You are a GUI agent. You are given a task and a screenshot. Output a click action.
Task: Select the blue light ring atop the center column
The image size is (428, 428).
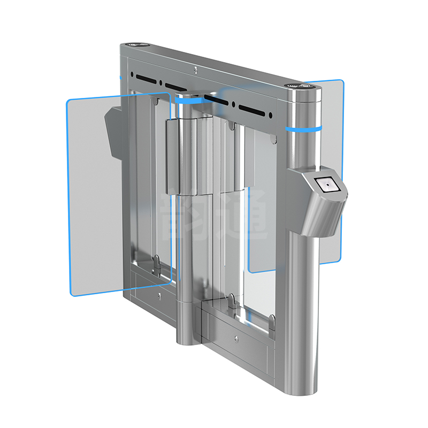(x=188, y=100)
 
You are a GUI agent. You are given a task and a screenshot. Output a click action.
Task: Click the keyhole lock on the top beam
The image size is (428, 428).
(x=196, y=68)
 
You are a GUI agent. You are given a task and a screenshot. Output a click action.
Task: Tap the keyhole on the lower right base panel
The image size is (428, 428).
(x=236, y=338)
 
